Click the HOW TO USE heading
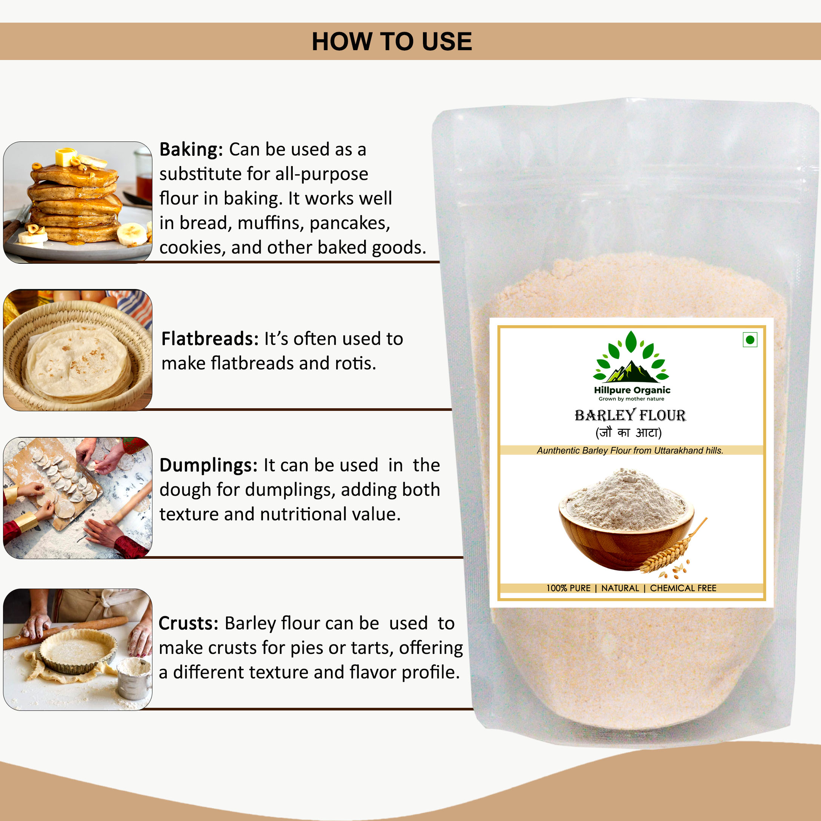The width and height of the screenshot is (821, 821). (391, 41)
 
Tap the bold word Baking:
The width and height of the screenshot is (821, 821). (191, 149)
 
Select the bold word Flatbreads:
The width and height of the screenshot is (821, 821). (210, 339)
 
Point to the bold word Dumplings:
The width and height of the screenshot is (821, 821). (208, 466)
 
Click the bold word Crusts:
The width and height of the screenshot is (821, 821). (188, 623)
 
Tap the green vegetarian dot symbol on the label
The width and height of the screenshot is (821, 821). (750, 340)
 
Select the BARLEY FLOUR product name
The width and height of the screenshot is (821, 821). (630, 415)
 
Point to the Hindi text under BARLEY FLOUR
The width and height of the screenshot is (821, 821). (629, 433)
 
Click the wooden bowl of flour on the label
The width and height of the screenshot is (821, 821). (626, 520)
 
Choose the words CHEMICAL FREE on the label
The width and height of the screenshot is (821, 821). (683, 588)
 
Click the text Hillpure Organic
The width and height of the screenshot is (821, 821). (632, 390)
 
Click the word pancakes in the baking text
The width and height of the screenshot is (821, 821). (350, 223)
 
